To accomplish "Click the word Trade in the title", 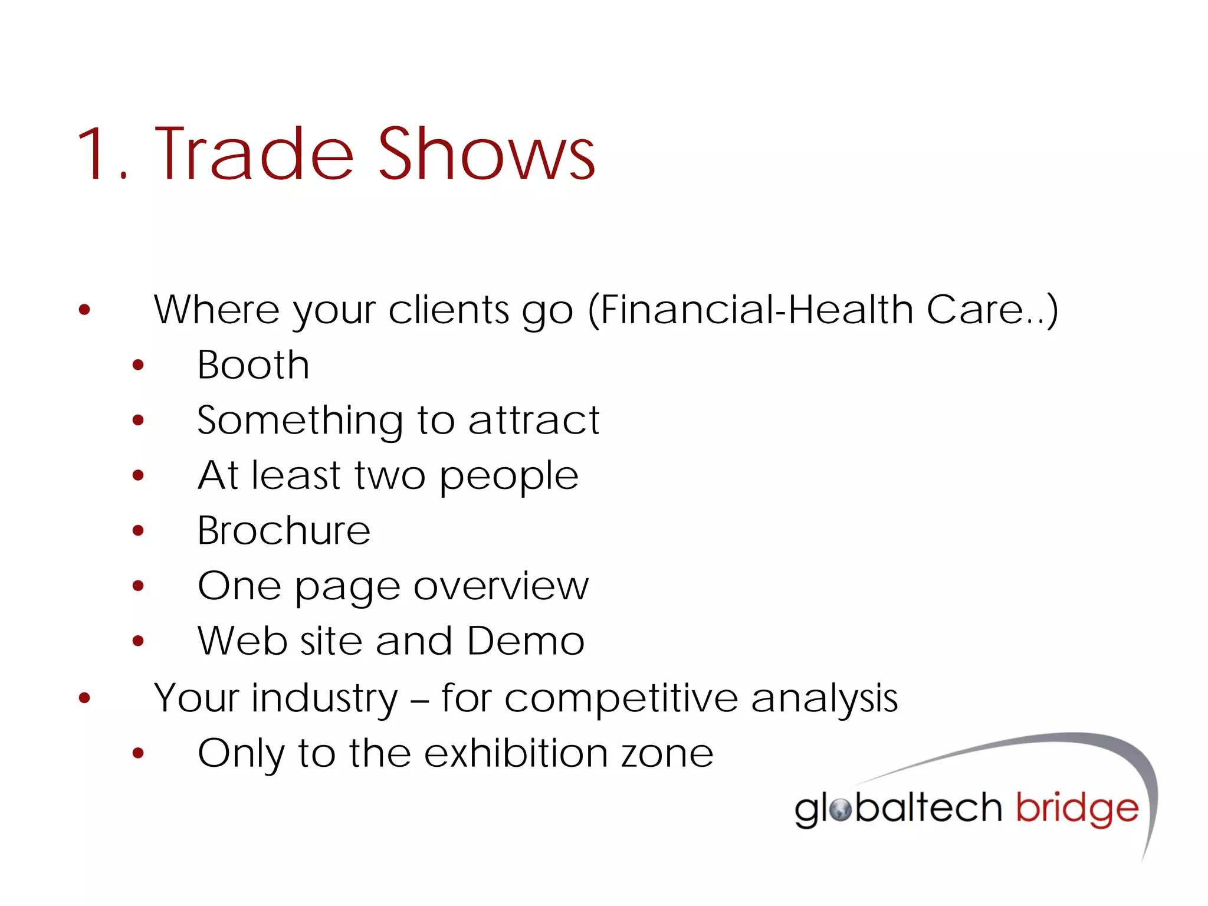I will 254,155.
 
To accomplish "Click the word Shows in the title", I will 487,155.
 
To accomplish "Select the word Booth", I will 253,365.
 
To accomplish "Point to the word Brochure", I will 284,531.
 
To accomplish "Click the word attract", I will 534,421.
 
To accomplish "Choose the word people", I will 509,477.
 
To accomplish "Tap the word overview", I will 501,586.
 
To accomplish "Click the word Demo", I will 526,641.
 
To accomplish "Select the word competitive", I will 621,698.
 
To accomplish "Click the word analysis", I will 824,698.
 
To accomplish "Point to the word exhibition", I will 516,753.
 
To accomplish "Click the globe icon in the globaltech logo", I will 840,810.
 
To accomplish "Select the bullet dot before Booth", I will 138,366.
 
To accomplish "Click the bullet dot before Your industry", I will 84,698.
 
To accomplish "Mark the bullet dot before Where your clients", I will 84,310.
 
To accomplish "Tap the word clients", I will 448,310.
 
